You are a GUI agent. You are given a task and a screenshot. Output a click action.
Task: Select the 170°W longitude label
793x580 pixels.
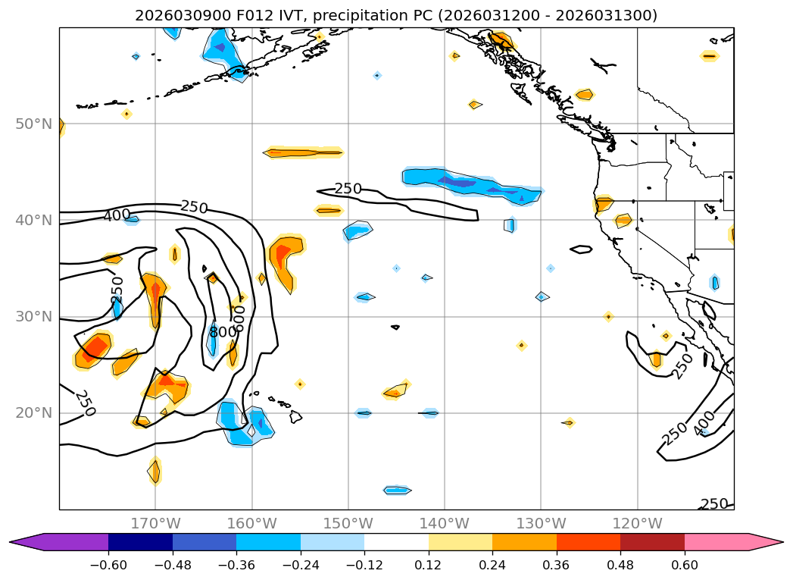click(x=155, y=523)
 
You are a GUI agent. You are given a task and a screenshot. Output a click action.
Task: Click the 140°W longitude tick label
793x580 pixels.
click(x=445, y=523)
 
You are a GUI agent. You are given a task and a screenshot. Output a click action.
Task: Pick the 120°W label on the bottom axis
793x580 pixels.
click(x=637, y=523)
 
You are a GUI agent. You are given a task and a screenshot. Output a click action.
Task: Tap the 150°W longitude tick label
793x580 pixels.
click(x=348, y=523)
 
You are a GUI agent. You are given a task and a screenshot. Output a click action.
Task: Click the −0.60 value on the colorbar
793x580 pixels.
click(x=108, y=565)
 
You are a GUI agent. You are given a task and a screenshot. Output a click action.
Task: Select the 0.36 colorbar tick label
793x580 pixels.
click(x=557, y=565)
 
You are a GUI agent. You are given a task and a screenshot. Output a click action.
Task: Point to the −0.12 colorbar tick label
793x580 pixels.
click(x=364, y=565)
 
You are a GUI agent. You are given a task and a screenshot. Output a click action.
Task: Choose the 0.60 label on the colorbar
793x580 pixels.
click(x=685, y=565)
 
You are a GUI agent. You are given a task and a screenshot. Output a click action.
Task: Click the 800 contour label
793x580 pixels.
click(x=223, y=332)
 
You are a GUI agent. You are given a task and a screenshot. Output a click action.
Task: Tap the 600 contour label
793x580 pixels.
click(x=239, y=318)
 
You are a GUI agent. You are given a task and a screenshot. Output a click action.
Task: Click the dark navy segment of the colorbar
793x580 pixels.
click(x=141, y=541)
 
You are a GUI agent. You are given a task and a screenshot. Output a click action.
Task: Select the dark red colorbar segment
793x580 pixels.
click(x=652, y=541)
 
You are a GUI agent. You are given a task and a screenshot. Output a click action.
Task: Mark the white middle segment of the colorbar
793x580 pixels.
click(x=396, y=541)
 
